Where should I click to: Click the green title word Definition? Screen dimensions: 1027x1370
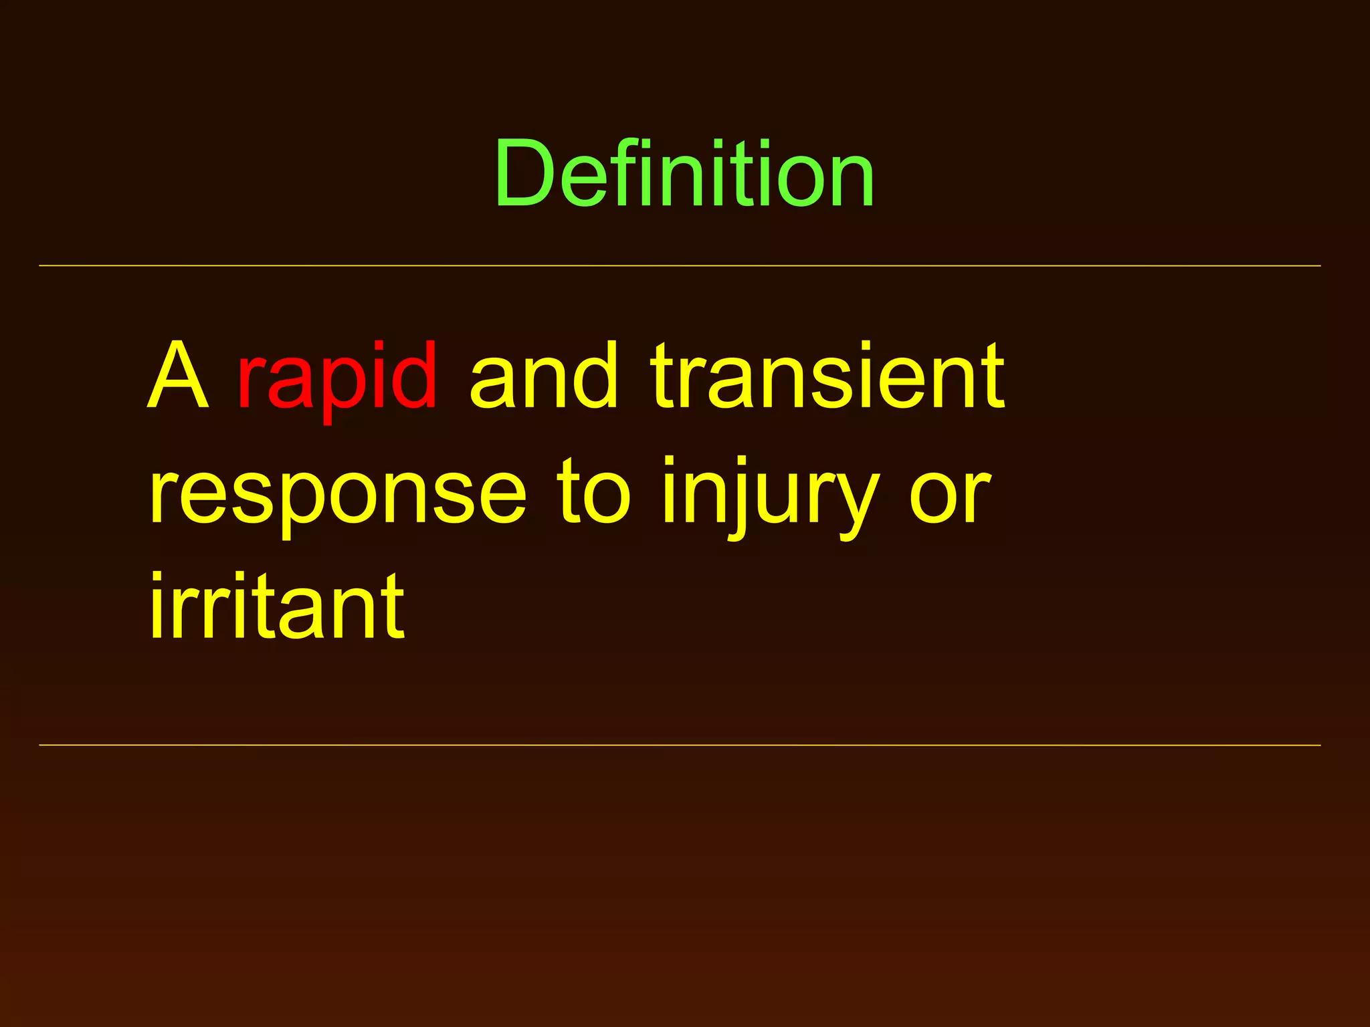click(x=684, y=174)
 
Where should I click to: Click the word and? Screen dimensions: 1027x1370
click(x=543, y=376)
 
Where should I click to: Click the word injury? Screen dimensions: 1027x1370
click(x=769, y=495)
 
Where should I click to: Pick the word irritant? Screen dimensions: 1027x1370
click(x=277, y=607)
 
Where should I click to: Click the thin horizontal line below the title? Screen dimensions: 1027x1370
click(x=680, y=266)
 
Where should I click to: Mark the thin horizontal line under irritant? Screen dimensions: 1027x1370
click(x=680, y=745)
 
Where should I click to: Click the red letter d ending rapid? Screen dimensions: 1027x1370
click(x=413, y=374)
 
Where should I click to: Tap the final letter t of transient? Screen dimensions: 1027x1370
click(x=992, y=376)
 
